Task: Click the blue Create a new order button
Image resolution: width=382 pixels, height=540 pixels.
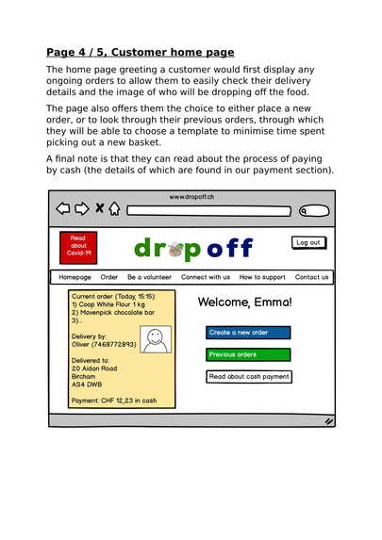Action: point(248,333)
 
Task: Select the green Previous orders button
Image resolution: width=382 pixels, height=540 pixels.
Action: point(248,354)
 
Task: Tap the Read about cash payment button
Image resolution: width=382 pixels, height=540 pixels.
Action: point(248,377)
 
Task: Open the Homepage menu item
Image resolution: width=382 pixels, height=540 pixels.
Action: point(75,278)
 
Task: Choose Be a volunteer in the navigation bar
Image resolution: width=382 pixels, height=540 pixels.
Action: point(149,278)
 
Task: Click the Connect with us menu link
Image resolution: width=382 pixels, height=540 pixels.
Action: point(206,278)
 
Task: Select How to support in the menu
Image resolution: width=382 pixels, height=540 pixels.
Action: point(262,278)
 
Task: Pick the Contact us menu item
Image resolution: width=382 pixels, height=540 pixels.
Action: point(311,278)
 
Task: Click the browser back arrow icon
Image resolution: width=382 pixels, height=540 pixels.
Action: point(63,209)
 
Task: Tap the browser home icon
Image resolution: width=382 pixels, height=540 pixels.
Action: point(114,209)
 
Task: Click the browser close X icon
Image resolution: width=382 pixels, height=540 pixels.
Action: point(98,209)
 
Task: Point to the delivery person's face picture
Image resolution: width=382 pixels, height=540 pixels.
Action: point(156,339)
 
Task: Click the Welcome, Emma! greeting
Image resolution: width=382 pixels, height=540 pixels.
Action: point(245,303)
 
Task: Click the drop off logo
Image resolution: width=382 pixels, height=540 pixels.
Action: point(193,248)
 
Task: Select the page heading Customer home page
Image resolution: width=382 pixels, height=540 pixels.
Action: point(141,52)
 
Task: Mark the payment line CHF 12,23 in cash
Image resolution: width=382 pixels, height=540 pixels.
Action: point(114,401)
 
